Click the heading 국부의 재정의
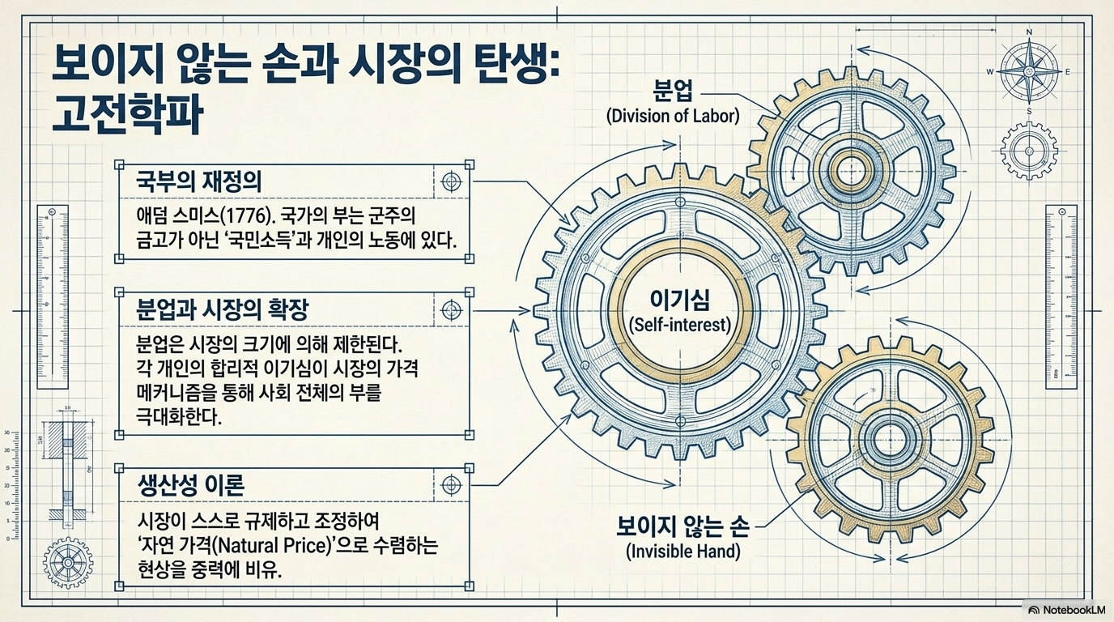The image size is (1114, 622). [x=199, y=182]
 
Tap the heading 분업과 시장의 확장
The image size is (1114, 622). [x=223, y=310]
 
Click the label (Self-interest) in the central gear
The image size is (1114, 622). [x=680, y=326]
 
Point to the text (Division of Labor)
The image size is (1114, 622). [x=673, y=116]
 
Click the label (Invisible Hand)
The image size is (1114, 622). [x=682, y=552]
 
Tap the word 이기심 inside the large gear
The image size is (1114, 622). [x=680, y=300]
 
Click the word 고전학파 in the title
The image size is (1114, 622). [x=127, y=117]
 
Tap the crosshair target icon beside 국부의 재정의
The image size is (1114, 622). [x=452, y=181]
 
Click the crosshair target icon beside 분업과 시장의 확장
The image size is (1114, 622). [x=452, y=310]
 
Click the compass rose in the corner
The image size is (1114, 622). [x=1028, y=71]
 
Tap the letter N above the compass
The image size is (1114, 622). [x=1029, y=32]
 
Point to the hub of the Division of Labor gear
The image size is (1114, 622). [x=851, y=169]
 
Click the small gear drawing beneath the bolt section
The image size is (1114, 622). [x=68, y=562]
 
